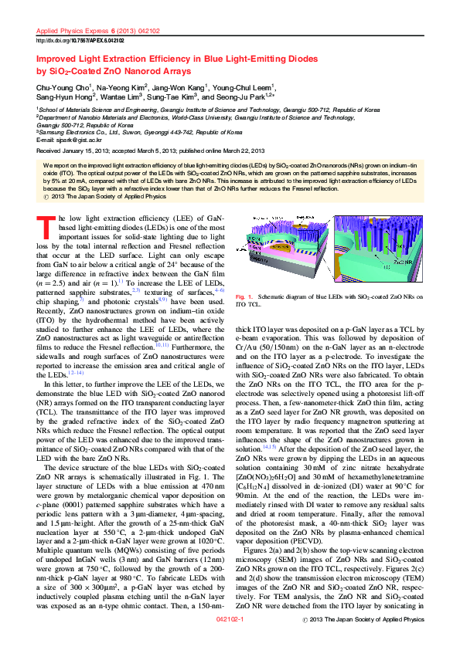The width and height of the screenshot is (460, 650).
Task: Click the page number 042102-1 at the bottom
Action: pyautogui.click(x=230, y=641)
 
